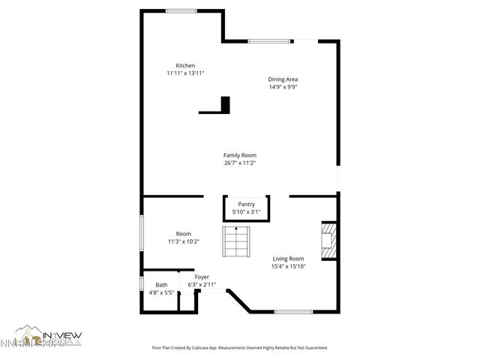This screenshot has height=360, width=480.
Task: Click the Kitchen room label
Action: (185, 65)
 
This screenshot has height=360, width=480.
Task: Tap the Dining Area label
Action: (283, 79)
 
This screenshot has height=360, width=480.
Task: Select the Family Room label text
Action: (240, 155)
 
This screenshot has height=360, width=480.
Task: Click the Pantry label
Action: (246, 204)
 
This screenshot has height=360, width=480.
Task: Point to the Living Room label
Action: (288, 259)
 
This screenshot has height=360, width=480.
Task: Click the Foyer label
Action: (202, 277)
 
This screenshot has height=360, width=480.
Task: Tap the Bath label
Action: (161, 285)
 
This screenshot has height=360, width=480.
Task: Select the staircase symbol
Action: (235, 242)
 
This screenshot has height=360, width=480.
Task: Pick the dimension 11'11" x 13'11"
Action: (185, 73)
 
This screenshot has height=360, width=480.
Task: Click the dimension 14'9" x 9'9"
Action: (283, 87)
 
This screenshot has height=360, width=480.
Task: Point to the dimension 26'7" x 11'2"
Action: (240, 163)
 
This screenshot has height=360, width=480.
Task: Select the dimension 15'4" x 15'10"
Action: (288, 267)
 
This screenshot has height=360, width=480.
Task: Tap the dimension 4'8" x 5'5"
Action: (161, 292)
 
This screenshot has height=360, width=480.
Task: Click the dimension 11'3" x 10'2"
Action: (184, 241)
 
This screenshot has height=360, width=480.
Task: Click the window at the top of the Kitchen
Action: (181, 10)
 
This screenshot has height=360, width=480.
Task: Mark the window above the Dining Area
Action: (271, 40)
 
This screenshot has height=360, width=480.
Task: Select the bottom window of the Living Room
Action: (293, 311)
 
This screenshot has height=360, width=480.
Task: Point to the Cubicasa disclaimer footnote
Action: (240, 348)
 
